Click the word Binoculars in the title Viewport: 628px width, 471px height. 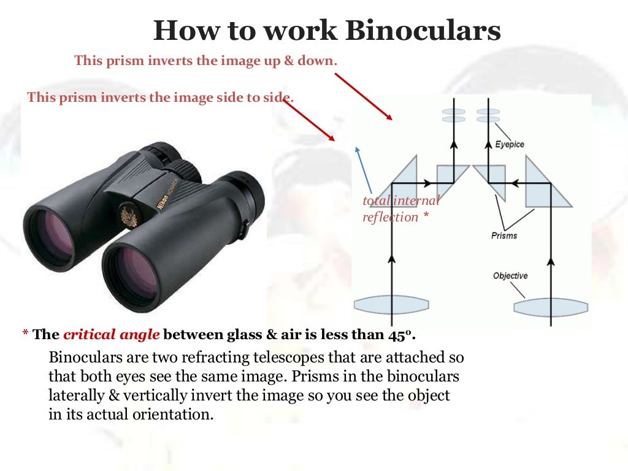[x=423, y=31]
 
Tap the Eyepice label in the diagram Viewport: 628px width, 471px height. [x=510, y=145]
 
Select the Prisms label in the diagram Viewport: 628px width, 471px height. [x=504, y=235]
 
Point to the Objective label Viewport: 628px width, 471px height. [x=510, y=276]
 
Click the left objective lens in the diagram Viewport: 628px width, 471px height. [x=391, y=304]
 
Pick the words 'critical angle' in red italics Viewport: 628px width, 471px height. [x=112, y=334]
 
